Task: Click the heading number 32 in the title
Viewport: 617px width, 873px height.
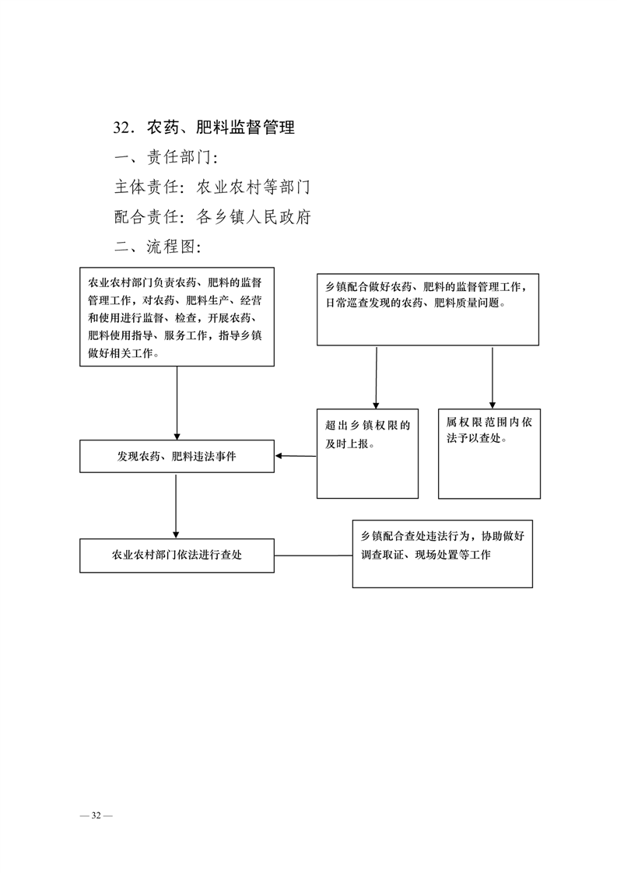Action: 122,128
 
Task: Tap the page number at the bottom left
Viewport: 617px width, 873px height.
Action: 96,815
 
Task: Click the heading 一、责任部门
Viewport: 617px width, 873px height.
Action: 166,157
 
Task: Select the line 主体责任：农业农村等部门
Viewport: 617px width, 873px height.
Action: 212,187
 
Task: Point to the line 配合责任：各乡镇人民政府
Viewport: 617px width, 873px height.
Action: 212,216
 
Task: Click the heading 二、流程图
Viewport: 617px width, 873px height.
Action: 158,246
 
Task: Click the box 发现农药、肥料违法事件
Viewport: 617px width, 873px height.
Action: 177,457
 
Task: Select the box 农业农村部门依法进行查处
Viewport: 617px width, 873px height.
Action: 177,555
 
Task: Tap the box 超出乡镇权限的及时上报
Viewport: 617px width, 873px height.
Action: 367,454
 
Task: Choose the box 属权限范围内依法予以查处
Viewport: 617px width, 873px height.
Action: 489,454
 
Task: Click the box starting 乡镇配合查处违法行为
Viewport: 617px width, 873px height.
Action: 442,554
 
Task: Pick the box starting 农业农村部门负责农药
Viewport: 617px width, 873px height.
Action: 177,317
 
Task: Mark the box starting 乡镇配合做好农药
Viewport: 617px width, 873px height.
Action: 428,310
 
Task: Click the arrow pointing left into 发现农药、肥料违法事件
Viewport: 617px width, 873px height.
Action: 296,456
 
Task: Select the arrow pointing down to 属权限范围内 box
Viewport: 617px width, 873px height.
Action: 493,377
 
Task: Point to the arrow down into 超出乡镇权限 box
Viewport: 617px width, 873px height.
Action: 377,377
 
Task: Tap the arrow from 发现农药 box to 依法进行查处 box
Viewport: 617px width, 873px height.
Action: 176,506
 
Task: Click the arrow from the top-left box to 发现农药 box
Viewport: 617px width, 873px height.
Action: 177,403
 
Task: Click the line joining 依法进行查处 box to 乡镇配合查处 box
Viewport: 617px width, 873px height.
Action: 314,555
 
